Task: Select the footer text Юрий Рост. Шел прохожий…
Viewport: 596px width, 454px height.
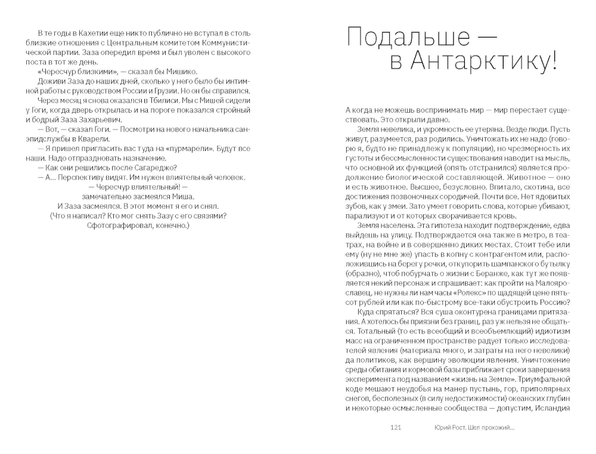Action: (474, 427)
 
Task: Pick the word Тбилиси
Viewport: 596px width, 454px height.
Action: (134, 100)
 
